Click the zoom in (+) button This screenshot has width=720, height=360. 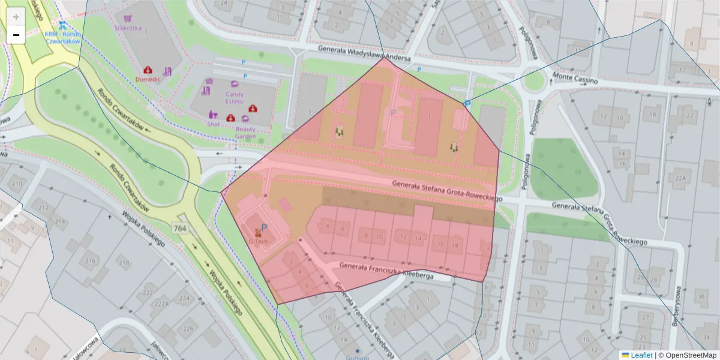point(16,17)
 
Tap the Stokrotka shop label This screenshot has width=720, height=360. point(128,27)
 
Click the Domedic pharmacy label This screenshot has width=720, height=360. point(148,79)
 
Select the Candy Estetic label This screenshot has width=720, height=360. point(234,97)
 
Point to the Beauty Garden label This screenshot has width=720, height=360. point(245,133)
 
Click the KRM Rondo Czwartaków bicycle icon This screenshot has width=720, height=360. point(62,25)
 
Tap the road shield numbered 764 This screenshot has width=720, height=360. point(179,228)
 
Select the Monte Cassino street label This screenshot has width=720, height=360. point(575,79)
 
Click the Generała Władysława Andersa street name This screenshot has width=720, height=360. point(364,55)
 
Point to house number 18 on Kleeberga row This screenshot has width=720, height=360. point(455,245)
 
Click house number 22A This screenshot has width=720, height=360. point(680,178)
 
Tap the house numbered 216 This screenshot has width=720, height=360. point(91,261)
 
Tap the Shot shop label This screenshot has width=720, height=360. point(213,124)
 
